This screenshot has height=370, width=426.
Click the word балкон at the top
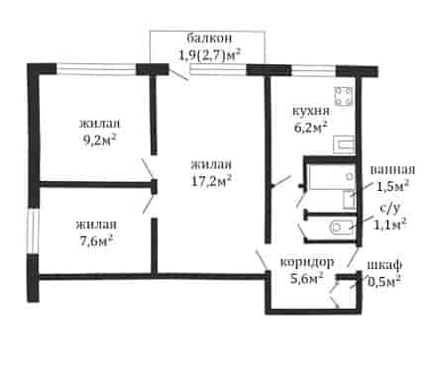coord(209,39)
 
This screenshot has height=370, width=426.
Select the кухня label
coord(311,111)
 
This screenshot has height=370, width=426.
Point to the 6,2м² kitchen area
coord(311,127)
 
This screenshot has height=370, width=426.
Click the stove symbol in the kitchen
coord(343,96)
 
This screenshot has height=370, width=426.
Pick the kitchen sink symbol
coord(344,144)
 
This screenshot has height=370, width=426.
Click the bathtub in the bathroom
coord(332,177)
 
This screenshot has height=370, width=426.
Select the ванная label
coord(392,169)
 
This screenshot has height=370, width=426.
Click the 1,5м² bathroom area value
coord(393,186)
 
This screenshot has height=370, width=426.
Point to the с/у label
coord(389,209)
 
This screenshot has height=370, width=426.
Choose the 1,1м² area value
coord(389,225)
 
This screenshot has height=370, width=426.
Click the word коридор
coord(307,263)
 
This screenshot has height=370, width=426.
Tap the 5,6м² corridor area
coord(307,279)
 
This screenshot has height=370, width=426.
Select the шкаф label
coord(384,264)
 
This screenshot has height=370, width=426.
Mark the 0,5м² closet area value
coord(384,281)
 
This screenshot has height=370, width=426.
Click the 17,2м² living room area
coord(211,181)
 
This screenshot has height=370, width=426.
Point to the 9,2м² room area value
coord(100,140)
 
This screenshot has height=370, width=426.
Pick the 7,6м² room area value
coord(96,241)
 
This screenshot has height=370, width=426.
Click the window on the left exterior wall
coord(33,231)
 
